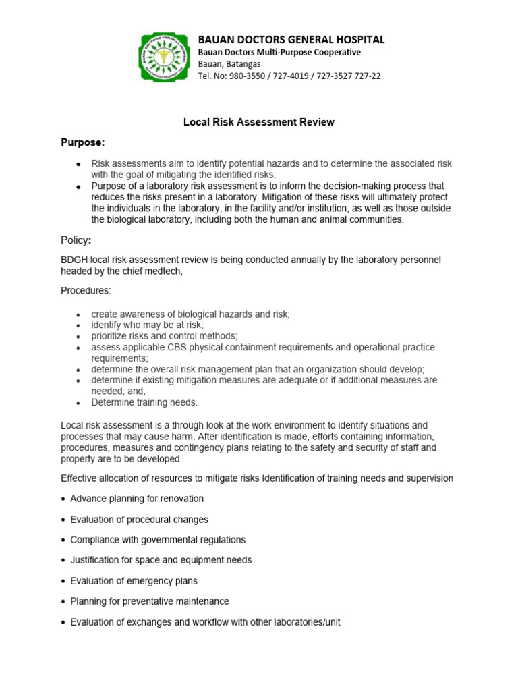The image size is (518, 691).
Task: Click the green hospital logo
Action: pyautogui.click(x=165, y=57)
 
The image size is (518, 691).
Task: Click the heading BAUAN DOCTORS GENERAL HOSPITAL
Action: pyautogui.click(x=291, y=39)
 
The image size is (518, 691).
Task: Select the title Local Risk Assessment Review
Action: pyautogui.click(x=259, y=122)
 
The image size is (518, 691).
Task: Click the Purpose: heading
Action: pyautogui.click(x=83, y=142)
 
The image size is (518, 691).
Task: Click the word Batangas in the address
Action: pyautogui.click(x=242, y=63)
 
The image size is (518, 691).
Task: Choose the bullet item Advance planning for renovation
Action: pyautogui.click(x=137, y=499)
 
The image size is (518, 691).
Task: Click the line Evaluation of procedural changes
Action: pyautogui.click(x=139, y=520)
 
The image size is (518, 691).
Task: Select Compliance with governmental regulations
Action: pyautogui.click(x=158, y=540)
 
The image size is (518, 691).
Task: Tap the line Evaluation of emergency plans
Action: pyautogui.click(x=134, y=580)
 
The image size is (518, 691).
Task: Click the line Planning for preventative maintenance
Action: pyautogui.click(x=150, y=601)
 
